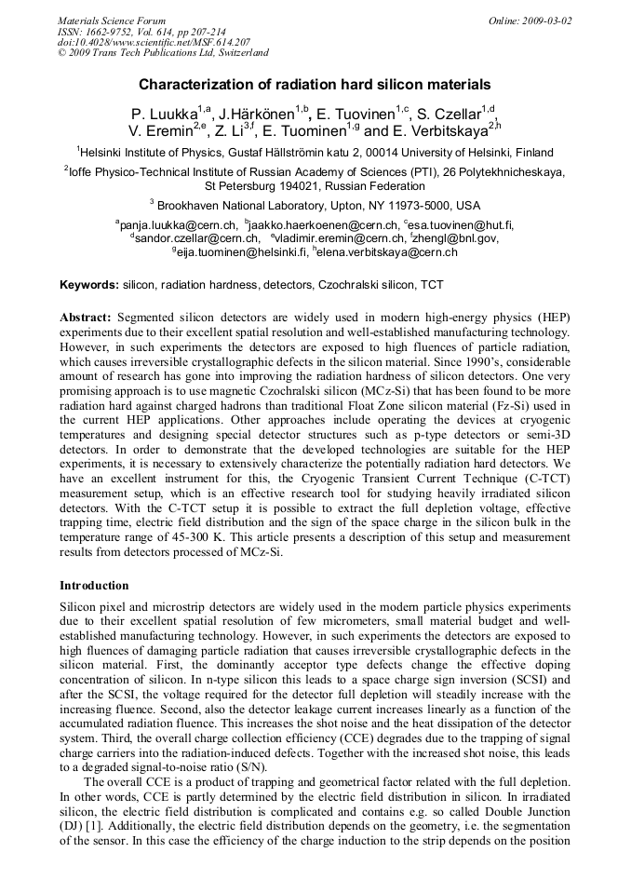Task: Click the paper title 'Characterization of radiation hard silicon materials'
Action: click(x=315, y=85)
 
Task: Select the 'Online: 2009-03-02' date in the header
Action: click(x=530, y=20)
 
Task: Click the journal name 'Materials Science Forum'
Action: click(x=112, y=20)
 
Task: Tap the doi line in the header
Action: click(x=154, y=43)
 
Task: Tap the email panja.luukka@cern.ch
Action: click(x=179, y=224)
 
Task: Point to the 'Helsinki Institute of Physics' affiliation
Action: click(x=163, y=153)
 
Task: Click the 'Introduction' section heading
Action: click(x=94, y=586)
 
